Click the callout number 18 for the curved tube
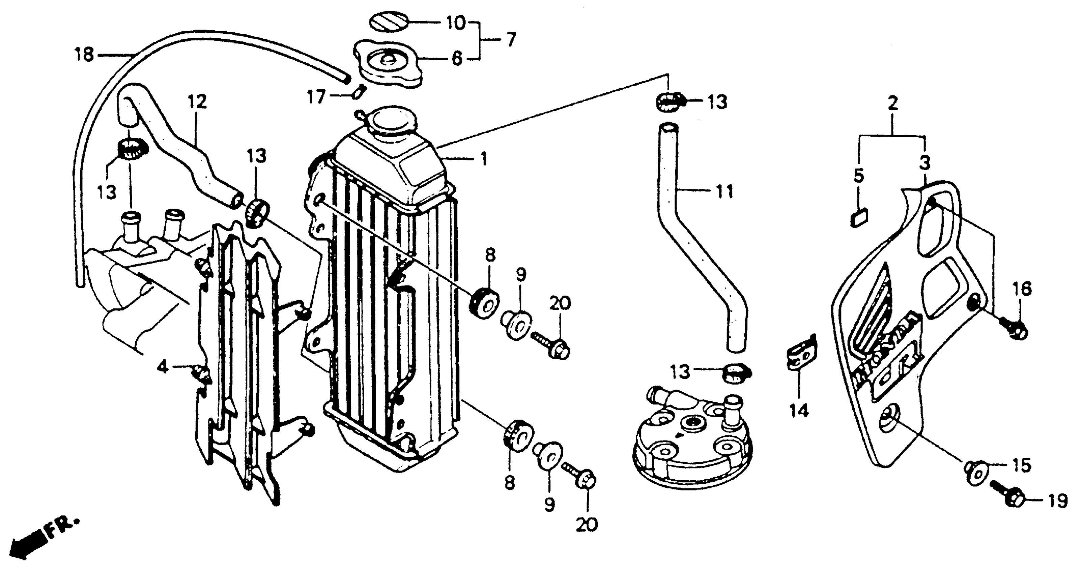(x=84, y=55)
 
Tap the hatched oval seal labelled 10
(x=389, y=22)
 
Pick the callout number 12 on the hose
(x=198, y=102)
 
